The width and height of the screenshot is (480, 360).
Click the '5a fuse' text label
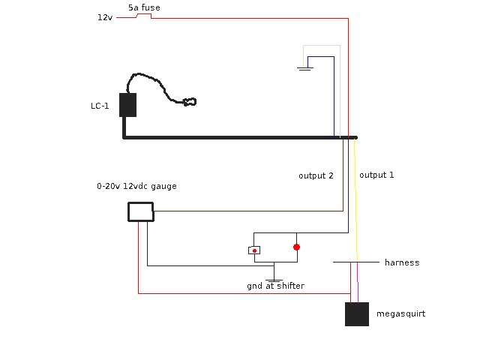coord(143,7)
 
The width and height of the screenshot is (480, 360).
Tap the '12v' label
coord(104,16)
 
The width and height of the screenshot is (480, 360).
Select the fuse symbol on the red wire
coord(144,15)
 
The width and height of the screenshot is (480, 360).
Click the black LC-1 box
coord(127,105)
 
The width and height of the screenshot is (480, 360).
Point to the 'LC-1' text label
coord(100,106)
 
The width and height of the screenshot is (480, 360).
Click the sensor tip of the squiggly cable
coord(190,100)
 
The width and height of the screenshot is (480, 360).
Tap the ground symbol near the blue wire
coord(304,69)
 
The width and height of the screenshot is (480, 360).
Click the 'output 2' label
coord(316,175)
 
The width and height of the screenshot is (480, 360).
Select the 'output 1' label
coord(376,175)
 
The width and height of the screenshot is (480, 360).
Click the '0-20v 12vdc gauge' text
coord(136,186)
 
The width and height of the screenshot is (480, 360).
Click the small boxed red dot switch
coord(255,250)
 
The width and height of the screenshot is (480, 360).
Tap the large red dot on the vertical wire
coord(296,247)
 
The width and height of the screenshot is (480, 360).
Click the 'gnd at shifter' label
coord(275,286)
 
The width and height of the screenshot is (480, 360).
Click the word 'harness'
coord(402,262)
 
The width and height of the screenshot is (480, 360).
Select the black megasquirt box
coord(357,313)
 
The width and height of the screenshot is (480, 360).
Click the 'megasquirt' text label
coord(400,313)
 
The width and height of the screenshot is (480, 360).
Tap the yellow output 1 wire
coord(355,195)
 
